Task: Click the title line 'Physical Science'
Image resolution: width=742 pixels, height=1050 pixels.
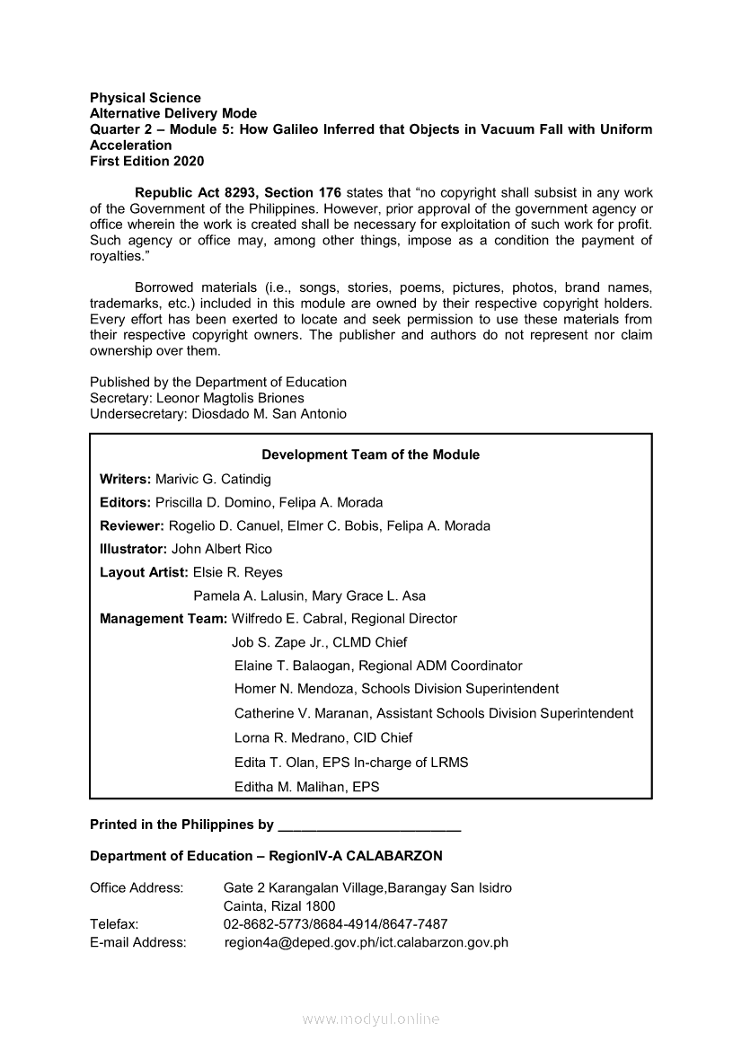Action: [146, 97]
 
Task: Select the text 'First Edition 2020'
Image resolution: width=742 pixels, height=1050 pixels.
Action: [146, 162]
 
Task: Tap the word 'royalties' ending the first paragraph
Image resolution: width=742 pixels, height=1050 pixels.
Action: [117, 256]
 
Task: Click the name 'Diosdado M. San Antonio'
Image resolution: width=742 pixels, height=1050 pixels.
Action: [269, 414]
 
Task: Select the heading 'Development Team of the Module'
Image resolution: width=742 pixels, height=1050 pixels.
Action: [370, 454]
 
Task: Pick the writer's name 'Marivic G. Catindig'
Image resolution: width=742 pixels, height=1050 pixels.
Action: [213, 479]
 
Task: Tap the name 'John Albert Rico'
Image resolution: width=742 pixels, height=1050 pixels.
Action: [222, 549]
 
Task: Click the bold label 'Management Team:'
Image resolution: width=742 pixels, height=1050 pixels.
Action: [163, 619]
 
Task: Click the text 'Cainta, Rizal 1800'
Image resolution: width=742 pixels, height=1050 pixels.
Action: [279, 906]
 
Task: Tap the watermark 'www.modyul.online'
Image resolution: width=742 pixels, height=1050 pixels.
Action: [371, 1019]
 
